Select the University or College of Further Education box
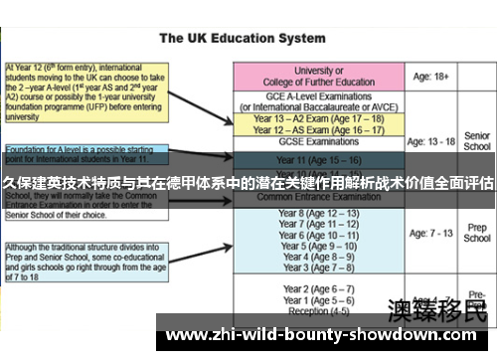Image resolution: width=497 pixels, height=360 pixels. point(318,77)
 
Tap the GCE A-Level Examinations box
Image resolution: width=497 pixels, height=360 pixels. point(318,101)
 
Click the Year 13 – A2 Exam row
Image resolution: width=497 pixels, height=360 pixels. point(318,118)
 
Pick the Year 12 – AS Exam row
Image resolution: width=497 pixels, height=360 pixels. point(318,130)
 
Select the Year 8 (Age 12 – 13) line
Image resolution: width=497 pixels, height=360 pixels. point(318,213)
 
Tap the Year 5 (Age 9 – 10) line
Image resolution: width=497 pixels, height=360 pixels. point(318,246)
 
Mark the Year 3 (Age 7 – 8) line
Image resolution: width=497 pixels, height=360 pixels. point(318,268)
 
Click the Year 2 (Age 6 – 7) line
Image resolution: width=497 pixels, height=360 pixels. point(318,288)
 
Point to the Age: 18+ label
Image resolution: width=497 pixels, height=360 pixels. point(434,76)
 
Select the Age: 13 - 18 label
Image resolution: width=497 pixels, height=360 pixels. point(434,141)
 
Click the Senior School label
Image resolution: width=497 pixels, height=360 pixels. point(477,141)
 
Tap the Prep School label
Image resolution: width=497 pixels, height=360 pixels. point(477,233)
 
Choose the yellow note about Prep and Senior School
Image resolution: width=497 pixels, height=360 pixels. point(83,261)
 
